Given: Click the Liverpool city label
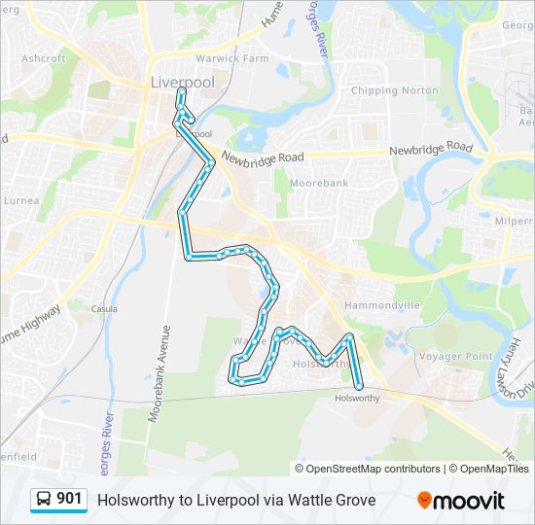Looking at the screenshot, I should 182,83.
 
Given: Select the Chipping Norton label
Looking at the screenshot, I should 394,90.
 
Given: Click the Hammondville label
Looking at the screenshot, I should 381,305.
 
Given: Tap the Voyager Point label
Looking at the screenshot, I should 456,357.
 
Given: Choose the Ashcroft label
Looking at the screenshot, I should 43,58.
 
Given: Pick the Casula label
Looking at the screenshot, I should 104,308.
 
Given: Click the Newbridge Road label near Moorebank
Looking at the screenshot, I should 263,157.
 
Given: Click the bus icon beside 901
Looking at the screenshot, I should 45,500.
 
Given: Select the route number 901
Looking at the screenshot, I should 70,500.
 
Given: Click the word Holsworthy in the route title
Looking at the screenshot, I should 131,500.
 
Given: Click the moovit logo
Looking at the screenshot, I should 461,501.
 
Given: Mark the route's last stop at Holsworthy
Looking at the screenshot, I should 359,386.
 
